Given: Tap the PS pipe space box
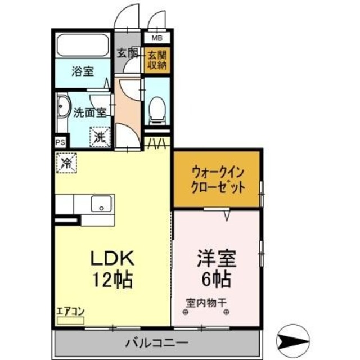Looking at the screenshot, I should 60,142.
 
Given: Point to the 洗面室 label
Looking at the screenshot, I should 89,112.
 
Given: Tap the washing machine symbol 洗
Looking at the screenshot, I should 99,136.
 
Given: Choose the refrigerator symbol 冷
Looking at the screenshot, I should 66,163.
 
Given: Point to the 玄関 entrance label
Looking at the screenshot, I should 128,53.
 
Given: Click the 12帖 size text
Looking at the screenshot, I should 112,278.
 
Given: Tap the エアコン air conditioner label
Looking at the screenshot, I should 70,311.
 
